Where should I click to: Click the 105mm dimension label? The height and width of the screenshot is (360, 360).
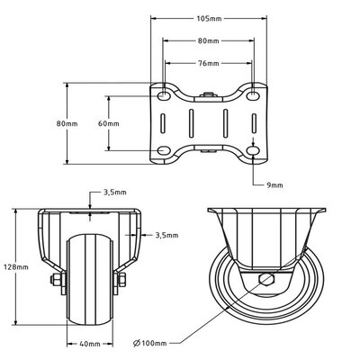(x=209, y=19)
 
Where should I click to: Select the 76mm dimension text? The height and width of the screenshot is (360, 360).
(x=209, y=64)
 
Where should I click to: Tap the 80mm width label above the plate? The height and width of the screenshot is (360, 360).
(x=209, y=41)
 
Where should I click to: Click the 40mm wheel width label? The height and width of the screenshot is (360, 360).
(x=89, y=343)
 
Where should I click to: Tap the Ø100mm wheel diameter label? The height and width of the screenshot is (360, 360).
(x=152, y=342)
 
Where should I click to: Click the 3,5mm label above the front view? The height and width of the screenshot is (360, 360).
(x=114, y=193)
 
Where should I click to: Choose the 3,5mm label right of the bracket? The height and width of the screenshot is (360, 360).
(x=166, y=236)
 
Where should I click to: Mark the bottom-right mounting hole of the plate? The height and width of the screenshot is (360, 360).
(x=255, y=151)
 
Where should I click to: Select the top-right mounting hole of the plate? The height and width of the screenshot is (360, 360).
(x=255, y=95)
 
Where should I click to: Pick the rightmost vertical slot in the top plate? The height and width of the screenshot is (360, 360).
(x=255, y=123)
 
